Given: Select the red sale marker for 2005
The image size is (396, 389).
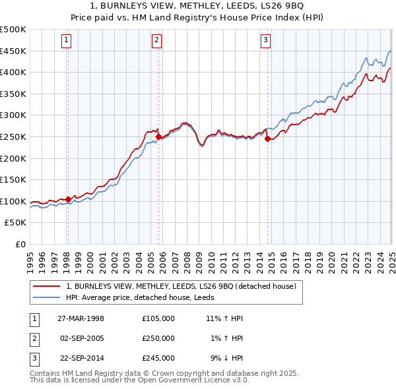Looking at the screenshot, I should click(158, 137).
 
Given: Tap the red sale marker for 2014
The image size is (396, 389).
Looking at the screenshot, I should click(267, 139).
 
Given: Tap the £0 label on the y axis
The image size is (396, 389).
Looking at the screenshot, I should click(20, 244).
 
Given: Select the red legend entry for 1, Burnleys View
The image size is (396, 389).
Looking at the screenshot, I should click(185, 286).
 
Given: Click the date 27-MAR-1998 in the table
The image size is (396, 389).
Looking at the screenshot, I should click(81, 318).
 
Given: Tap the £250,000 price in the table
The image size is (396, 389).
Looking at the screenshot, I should click(158, 338).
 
